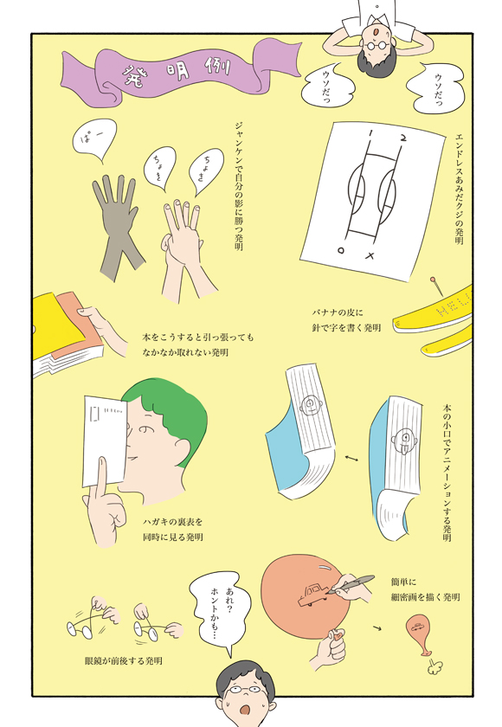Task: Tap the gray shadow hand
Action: pyautogui.click(x=116, y=222)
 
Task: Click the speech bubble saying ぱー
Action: pyautogui.click(x=94, y=139)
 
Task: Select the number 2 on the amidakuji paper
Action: pyautogui.click(x=403, y=138)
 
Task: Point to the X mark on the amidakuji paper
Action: pyautogui.click(x=370, y=255)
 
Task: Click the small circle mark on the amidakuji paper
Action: pyautogui.click(x=342, y=250)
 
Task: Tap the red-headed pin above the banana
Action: pyautogui.click(x=436, y=286)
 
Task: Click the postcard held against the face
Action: pyautogui.click(x=105, y=441)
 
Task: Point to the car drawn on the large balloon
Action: pyautogui.click(x=312, y=595)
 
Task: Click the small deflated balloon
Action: pyautogui.click(x=420, y=634)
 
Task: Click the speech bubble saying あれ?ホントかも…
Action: pyautogui.click(x=220, y=612)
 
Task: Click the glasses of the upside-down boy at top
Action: pyautogui.click(x=376, y=46)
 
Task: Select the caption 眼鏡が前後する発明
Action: pyautogui.click(x=123, y=660)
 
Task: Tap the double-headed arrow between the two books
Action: pyautogui.click(x=351, y=458)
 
